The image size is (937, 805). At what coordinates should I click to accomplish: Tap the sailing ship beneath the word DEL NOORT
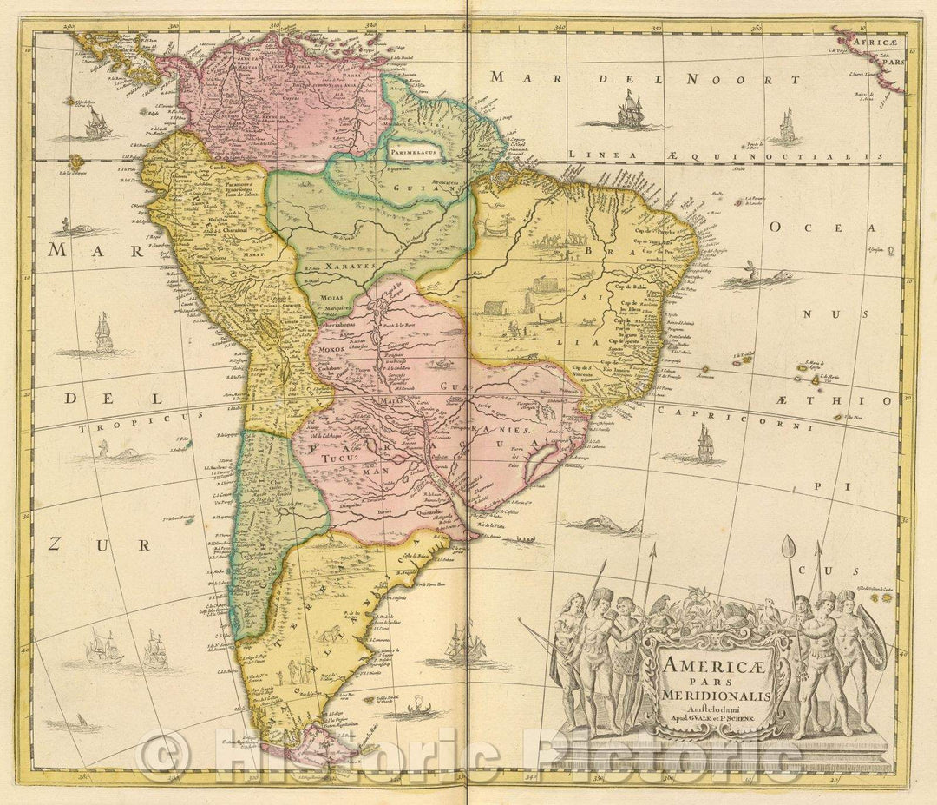pyautogui.click(x=631, y=110)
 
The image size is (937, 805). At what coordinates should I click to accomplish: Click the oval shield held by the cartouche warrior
pyautogui.click(x=871, y=643)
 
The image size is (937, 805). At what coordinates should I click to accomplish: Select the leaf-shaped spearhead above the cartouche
pyautogui.click(x=788, y=547)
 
